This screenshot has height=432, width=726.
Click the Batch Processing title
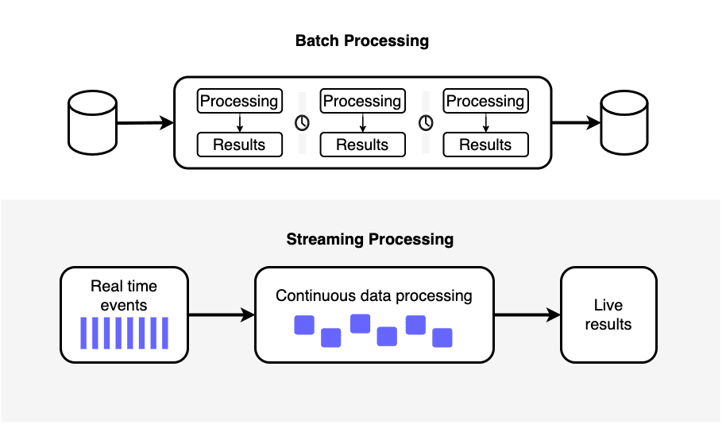pos(362,40)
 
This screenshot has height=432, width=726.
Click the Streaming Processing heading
pos(370,239)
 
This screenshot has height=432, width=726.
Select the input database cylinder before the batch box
pos(93,123)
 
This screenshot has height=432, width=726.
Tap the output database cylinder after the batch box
pos(624,123)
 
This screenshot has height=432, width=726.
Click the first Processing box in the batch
pos(240,101)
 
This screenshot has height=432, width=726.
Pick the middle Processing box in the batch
pos(362,101)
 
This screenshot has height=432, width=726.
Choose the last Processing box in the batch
pos(485,101)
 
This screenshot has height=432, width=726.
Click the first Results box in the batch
pos(240,145)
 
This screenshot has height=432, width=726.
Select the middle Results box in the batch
pos(362,145)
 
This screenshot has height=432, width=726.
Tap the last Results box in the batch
pos(485,145)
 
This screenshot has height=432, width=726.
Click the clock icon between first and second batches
pos(302,123)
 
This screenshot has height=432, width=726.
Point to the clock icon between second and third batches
pos(426,123)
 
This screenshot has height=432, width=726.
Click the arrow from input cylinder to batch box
pos(145,123)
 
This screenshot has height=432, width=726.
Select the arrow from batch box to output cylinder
pos(576,123)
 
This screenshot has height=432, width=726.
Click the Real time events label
pos(124,295)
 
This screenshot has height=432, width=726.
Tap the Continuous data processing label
pos(373,296)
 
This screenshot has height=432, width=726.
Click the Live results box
pos(608,314)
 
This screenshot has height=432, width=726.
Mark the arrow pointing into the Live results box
pos(527,314)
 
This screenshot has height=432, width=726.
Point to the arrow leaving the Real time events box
pos(222,314)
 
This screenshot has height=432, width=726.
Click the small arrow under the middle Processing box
pos(362,123)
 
